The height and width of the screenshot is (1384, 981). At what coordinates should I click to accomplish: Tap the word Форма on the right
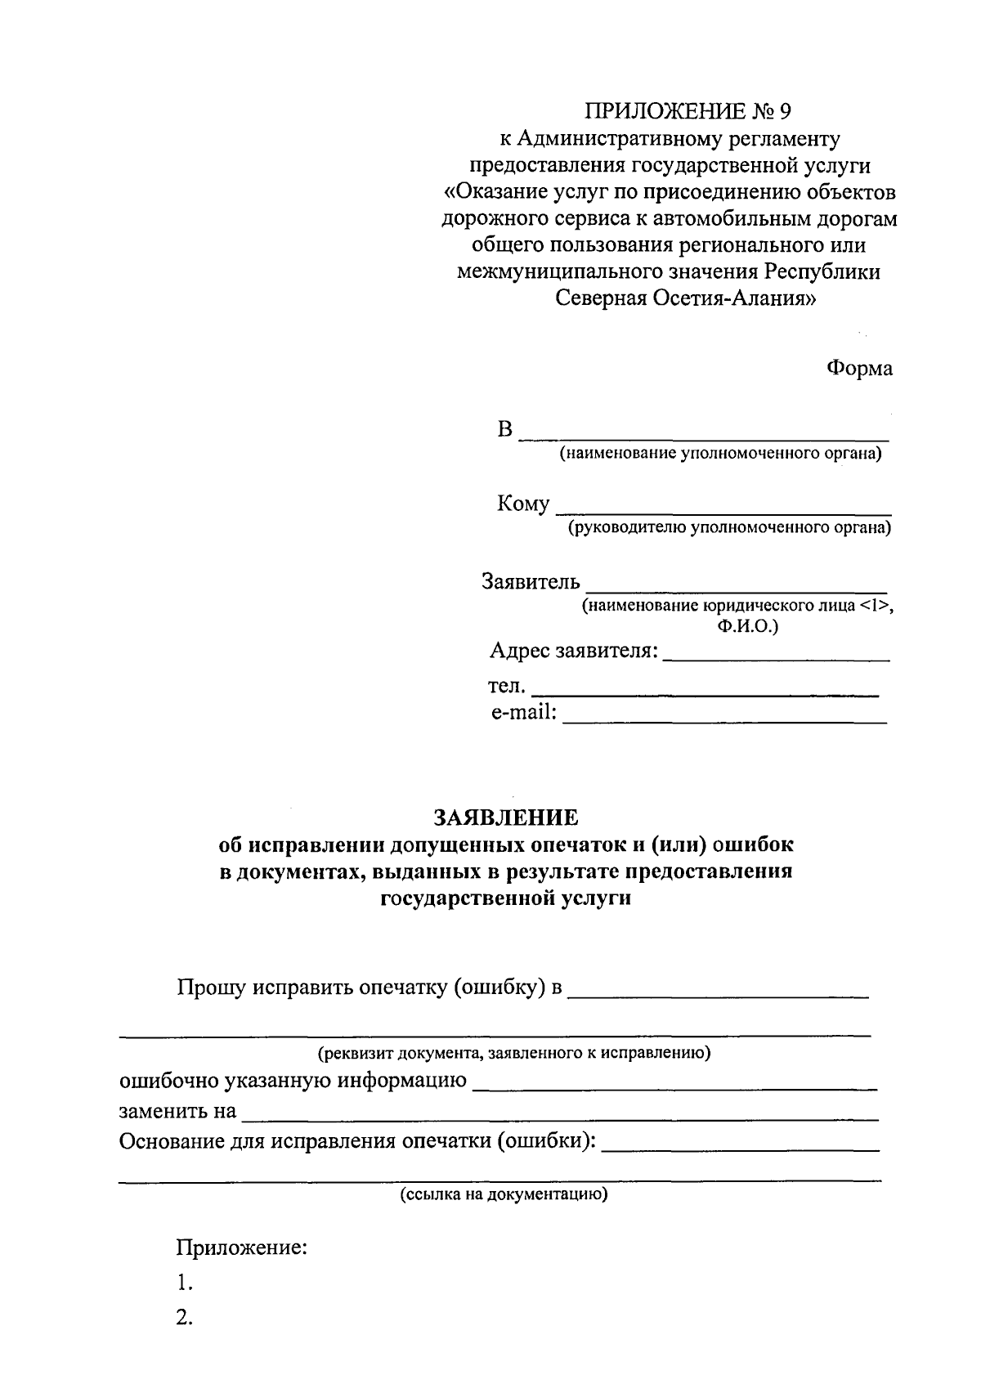click(858, 368)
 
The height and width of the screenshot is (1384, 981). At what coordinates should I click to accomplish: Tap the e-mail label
click(523, 713)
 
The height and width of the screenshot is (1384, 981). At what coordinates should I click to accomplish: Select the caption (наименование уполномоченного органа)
click(720, 454)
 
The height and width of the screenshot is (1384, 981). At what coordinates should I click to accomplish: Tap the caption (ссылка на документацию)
click(504, 1194)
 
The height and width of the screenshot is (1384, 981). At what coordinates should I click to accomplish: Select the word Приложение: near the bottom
click(241, 1248)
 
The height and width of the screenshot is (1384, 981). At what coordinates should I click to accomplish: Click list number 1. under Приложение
click(184, 1283)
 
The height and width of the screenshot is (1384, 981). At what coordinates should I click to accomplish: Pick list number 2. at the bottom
click(184, 1318)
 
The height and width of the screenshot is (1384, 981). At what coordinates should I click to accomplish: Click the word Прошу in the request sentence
click(211, 988)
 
